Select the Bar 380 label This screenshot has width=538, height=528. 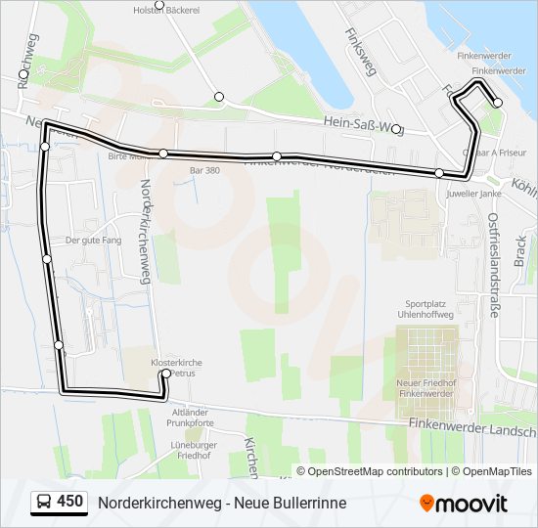pyautogui.click(x=204, y=170)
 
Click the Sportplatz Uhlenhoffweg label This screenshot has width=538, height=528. pyautogui.click(x=430, y=310)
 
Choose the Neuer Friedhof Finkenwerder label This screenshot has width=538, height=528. pyautogui.click(x=425, y=387)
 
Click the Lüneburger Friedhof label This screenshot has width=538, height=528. pyautogui.click(x=192, y=451)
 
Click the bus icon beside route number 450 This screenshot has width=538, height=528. pyautogui.click(x=44, y=503)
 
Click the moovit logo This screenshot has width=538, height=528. pyautogui.click(x=464, y=504)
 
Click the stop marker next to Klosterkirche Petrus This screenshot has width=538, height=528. pyautogui.click(x=166, y=374)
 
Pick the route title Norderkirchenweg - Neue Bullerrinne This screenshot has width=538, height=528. pyautogui.click(x=222, y=503)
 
